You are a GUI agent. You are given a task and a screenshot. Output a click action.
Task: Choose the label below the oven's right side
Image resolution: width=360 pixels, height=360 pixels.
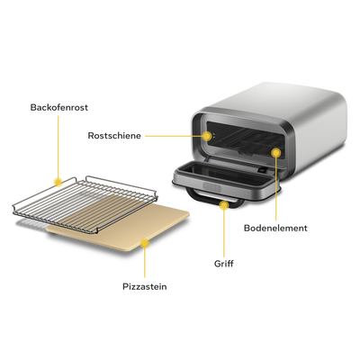tap(275, 228)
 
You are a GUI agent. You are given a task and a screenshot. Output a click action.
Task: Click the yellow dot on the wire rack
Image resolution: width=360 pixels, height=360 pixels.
tap(58, 181)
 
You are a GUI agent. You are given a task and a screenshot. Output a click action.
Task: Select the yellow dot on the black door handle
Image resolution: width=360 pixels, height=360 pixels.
tap(222, 204)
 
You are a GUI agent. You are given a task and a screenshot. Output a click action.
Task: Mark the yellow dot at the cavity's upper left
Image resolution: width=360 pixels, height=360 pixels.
tap(207, 136)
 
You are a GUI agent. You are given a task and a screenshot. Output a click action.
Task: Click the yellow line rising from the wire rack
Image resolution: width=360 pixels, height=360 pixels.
tap(58, 148)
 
